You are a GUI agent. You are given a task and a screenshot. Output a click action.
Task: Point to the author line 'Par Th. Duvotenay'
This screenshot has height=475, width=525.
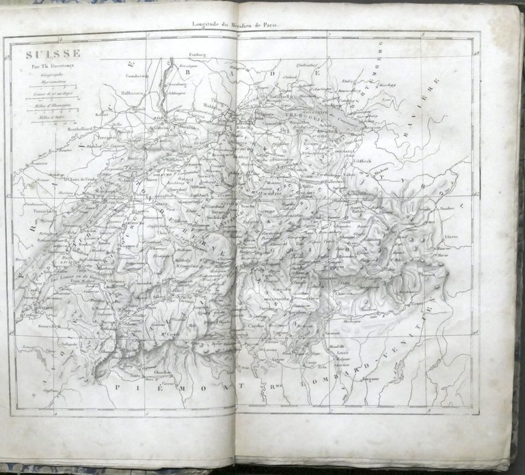pos(54,66)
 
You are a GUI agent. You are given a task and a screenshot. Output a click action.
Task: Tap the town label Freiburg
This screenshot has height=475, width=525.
pos(196,55)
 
